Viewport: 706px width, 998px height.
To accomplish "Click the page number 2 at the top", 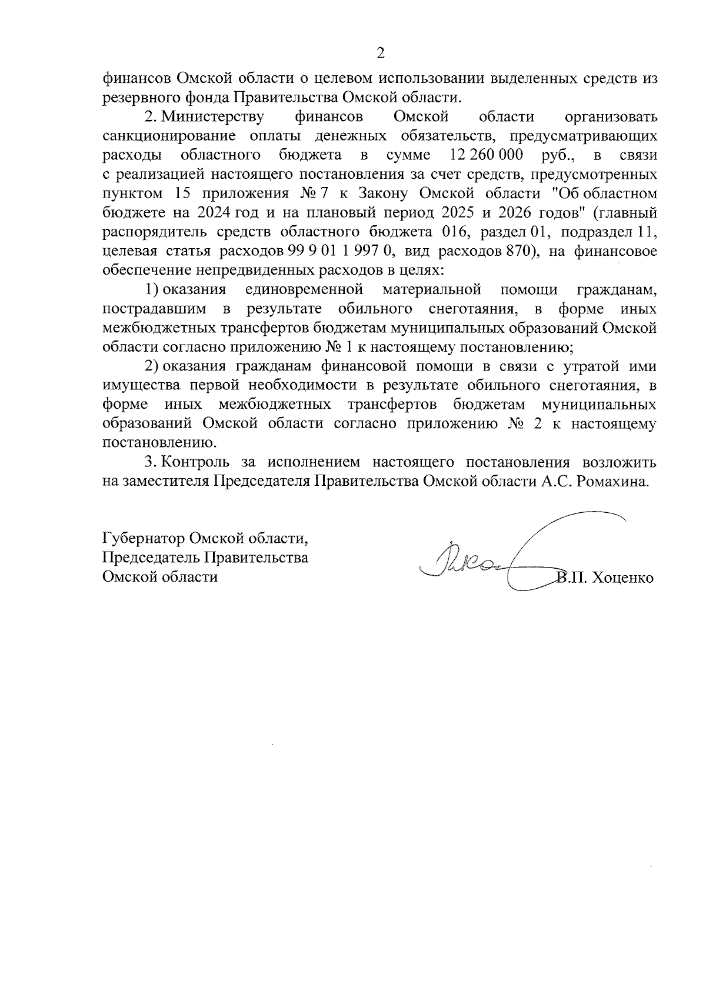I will [x=380, y=54].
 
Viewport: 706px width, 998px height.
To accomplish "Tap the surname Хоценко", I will [x=624, y=578].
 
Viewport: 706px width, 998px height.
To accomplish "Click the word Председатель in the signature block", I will [x=151, y=558].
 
